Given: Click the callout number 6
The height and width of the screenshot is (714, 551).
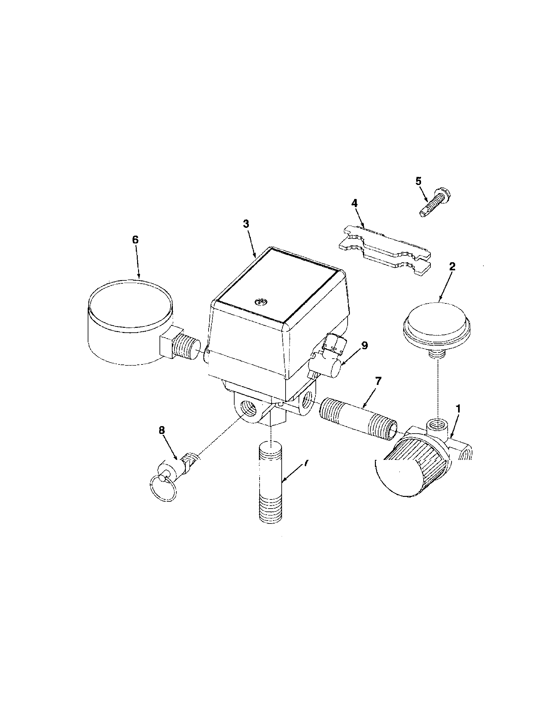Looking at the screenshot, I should point(135,240).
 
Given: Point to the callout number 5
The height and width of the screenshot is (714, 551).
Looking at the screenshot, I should point(419,181).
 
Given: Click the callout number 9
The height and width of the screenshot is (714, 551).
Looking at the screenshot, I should point(365,345).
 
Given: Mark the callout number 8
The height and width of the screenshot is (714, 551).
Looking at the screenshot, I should point(162,431).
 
